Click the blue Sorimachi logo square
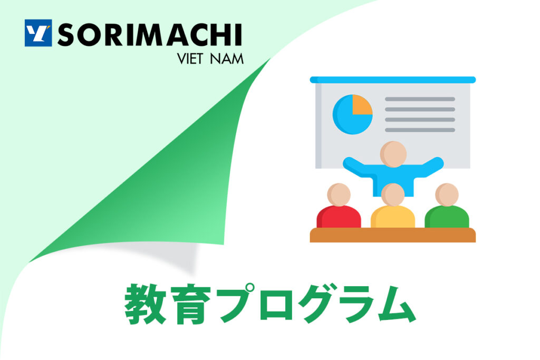(38, 33)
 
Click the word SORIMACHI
(150, 35)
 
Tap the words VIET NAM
(210, 59)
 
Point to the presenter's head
(393, 154)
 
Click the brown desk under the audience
(392, 235)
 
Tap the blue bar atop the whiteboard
(392, 80)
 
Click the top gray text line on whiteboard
(420, 99)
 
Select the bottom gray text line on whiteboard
(420, 130)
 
